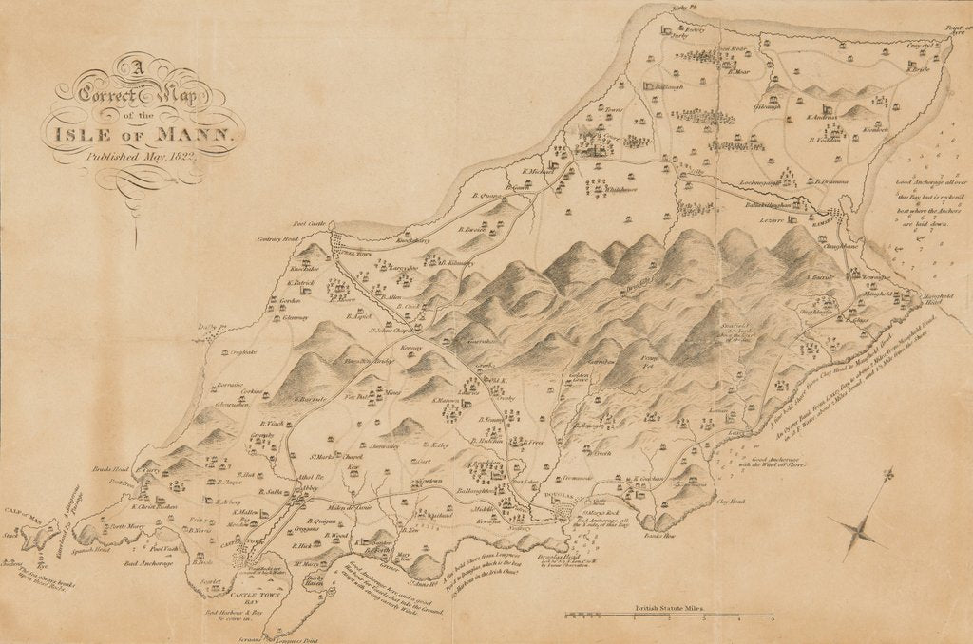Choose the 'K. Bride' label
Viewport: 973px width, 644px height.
tap(917, 69)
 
